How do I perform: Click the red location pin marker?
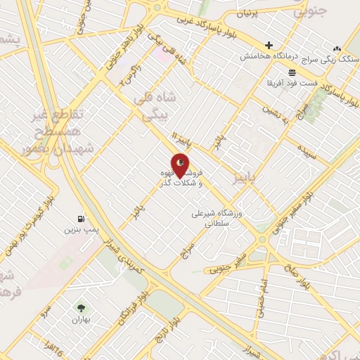click(x=180, y=165)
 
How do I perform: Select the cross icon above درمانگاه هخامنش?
click(x=269, y=45)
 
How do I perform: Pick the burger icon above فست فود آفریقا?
click(x=292, y=72)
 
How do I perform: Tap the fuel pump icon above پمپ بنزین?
click(x=83, y=219)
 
